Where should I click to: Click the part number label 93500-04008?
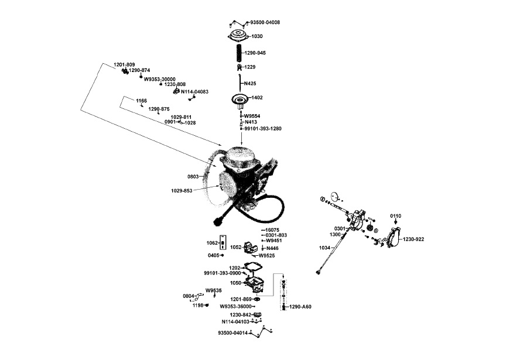[265, 22]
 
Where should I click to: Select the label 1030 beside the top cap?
[257, 36]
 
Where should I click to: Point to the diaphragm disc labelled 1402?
[240, 100]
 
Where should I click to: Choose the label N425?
[249, 84]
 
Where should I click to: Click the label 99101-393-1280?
[262, 128]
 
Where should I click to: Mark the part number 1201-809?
[124, 64]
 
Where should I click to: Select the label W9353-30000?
[159, 79]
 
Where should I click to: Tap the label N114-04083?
[194, 92]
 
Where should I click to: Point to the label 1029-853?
[182, 191]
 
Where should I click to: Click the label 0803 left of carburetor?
[193, 176]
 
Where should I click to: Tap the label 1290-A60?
[300, 307]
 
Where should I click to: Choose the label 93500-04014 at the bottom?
[232, 332]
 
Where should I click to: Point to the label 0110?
[396, 217]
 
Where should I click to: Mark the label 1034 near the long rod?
[324, 248]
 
